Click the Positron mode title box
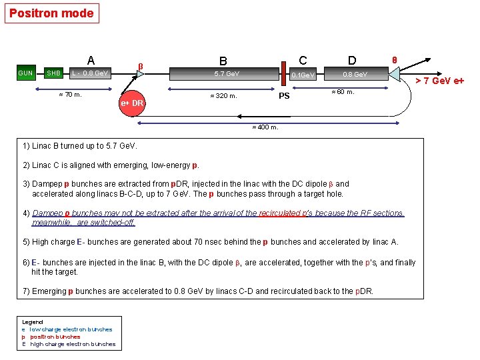pyautogui.click(x=51, y=13)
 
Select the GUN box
pyautogui.click(x=26, y=73)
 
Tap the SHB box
pyautogui.click(x=54, y=73)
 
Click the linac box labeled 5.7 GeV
pyautogui.click(x=227, y=73)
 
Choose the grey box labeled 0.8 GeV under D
pyautogui.click(x=355, y=73)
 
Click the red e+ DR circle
pyautogui.click(x=133, y=103)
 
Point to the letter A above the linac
pyautogui.click(x=91, y=59)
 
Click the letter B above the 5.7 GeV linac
pyautogui.click(x=224, y=61)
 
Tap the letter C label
pyautogui.click(x=303, y=59)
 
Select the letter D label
pyautogui.click(x=352, y=61)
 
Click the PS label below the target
pyautogui.click(x=284, y=96)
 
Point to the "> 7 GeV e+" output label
pyautogui.click(x=439, y=81)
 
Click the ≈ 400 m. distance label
pyautogui.click(x=265, y=127)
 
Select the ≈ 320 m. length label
pyautogui.click(x=223, y=95)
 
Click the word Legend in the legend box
pyautogui.click(x=33, y=321)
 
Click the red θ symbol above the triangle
pyautogui.click(x=394, y=60)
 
